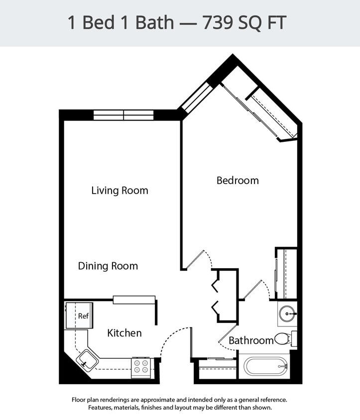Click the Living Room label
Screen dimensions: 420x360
[x=120, y=191]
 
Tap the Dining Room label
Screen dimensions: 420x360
[x=108, y=266]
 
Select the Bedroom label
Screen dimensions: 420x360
[x=238, y=181]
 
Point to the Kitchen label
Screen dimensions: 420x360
[x=124, y=333]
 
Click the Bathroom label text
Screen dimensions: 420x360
[x=251, y=340]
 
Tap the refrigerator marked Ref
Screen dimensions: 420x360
[x=79, y=315]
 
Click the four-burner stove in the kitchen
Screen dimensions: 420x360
[x=141, y=367]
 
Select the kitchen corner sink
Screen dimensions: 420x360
[x=87, y=358]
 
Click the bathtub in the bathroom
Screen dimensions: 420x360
[x=265, y=366]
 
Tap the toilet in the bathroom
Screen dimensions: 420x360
[x=283, y=339]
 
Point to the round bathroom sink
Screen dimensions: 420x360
[x=287, y=314]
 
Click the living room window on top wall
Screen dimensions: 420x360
[x=123, y=115]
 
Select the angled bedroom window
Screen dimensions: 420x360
[x=197, y=99]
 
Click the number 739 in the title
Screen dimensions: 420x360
[x=219, y=22]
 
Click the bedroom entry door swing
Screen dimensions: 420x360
[x=201, y=259]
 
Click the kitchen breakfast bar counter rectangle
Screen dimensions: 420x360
[x=134, y=300]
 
